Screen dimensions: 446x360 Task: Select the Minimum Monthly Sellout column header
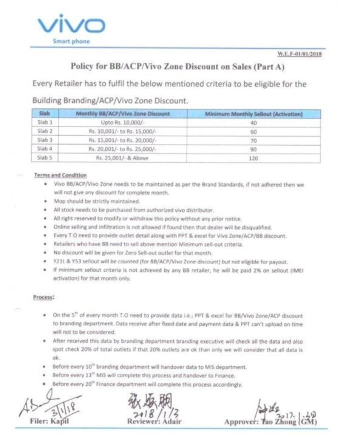(x=253, y=114)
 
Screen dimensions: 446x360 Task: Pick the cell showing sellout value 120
(x=253, y=158)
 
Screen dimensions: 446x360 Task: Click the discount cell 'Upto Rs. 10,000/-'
(x=123, y=122)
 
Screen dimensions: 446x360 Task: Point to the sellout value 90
(x=253, y=149)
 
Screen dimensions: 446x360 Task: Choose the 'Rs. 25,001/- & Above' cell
(x=123, y=158)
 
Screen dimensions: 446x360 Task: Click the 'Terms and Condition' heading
(x=60, y=175)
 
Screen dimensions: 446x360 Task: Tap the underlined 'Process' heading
(x=43, y=297)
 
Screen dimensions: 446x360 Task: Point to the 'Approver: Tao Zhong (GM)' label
(x=270, y=423)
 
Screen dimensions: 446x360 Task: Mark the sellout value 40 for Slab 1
(x=253, y=122)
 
